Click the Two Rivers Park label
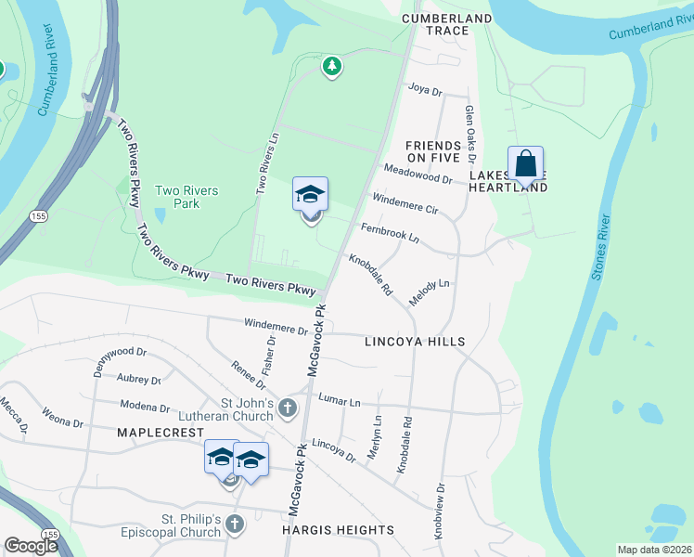pos(186,197)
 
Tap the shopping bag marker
pos(525,164)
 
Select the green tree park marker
pos(332,66)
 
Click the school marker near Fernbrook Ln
pos(311,195)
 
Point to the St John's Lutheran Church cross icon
pos(289,407)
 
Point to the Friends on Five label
pos(433,153)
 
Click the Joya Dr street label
pos(426,90)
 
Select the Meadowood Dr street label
pos(418,174)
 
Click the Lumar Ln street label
pos(339,399)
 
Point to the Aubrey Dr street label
pos(139,379)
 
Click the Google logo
pos(31,546)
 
